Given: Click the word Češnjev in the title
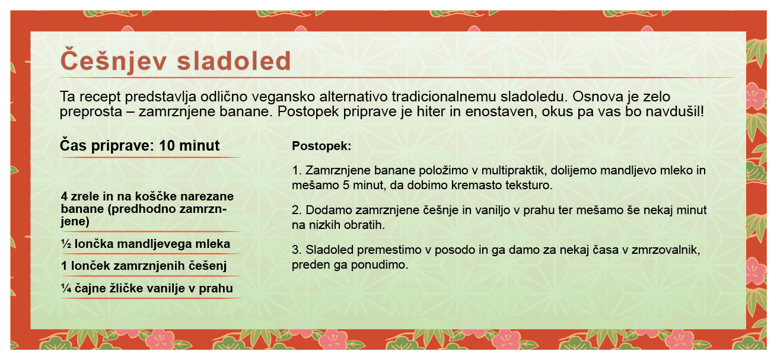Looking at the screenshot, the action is (x=113, y=60).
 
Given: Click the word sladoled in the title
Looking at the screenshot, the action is (x=234, y=61).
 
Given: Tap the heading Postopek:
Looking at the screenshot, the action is (x=321, y=146).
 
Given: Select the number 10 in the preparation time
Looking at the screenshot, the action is (x=167, y=146).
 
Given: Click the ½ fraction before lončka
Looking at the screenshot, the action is (x=66, y=244).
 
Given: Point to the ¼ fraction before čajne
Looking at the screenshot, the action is (x=66, y=288).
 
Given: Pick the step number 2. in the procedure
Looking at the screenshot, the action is (x=297, y=210).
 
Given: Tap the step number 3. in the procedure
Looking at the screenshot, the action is (x=297, y=250).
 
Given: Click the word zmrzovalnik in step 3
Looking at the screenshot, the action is (x=665, y=250).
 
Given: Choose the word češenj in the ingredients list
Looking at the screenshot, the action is (x=208, y=266).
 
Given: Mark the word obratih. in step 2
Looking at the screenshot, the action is (x=364, y=225).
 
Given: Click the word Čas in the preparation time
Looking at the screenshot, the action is (x=73, y=145).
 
